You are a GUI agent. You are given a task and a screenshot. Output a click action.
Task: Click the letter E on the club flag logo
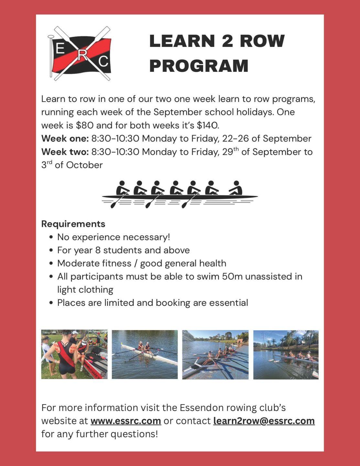[x=60, y=49]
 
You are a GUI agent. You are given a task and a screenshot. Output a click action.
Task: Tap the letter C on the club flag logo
[x=103, y=61]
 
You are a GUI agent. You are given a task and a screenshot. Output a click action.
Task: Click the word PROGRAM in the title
[x=199, y=66]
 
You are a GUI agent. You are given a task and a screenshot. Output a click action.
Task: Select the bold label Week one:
[x=65, y=139]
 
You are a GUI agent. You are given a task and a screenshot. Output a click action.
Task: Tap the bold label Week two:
[x=65, y=152]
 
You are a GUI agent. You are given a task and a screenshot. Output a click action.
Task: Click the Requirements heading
[x=73, y=224]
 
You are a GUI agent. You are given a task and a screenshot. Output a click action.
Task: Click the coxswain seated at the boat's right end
[x=236, y=188]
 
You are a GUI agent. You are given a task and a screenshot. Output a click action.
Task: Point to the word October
[x=84, y=165]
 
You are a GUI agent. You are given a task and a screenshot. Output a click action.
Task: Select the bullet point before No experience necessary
[x=51, y=237]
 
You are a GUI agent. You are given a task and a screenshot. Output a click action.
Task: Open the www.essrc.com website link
[x=125, y=421]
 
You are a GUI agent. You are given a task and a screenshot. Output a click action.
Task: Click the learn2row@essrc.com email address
[x=264, y=421]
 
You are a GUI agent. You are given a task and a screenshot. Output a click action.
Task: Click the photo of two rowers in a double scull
[x=145, y=354]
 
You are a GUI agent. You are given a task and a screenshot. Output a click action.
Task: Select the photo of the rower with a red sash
[x=74, y=354]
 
